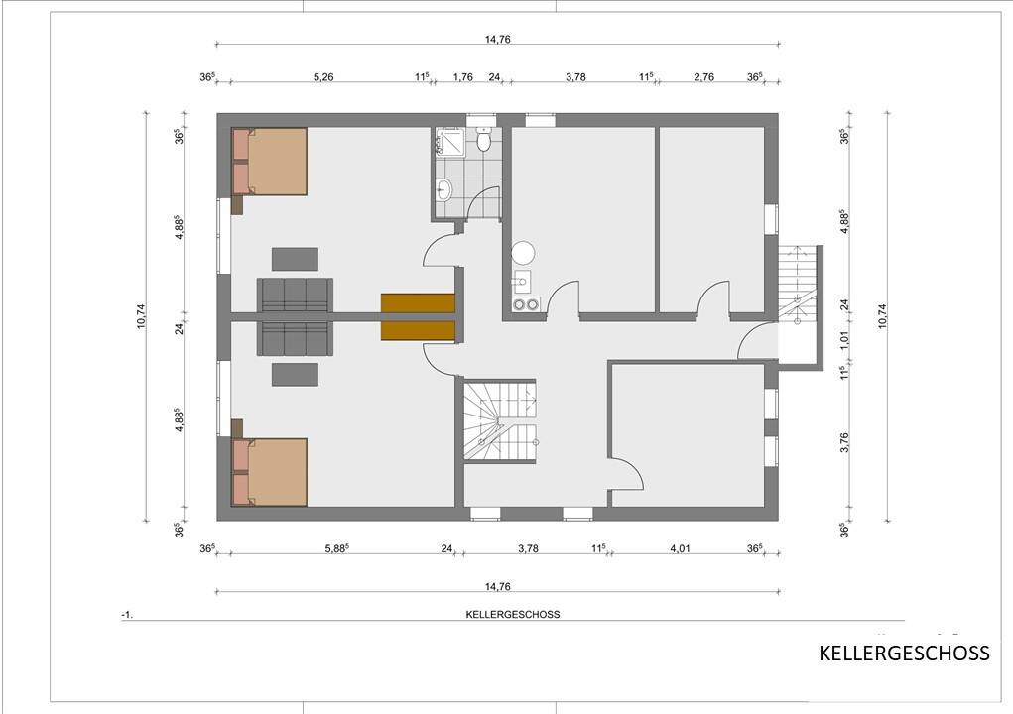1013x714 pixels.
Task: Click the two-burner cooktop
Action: [x=525, y=304]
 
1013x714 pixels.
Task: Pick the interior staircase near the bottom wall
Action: [x=500, y=419]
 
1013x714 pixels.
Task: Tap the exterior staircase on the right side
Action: [x=799, y=283]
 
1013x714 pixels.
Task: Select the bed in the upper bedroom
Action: [x=270, y=161]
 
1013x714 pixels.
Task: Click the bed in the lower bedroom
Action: [x=270, y=472]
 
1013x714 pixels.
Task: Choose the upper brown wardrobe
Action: [x=417, y=303]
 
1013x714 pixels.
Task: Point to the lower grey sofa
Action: [x=295, y=338]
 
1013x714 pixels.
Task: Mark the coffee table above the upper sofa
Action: [x=295, y=259]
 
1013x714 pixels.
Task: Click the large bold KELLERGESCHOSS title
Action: [x=904, y=654]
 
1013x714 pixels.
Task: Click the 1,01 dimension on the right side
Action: [x=845, y=337]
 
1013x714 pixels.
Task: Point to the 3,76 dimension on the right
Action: [x=845, y=441]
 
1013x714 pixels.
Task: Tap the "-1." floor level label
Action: [x=126, y=615]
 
